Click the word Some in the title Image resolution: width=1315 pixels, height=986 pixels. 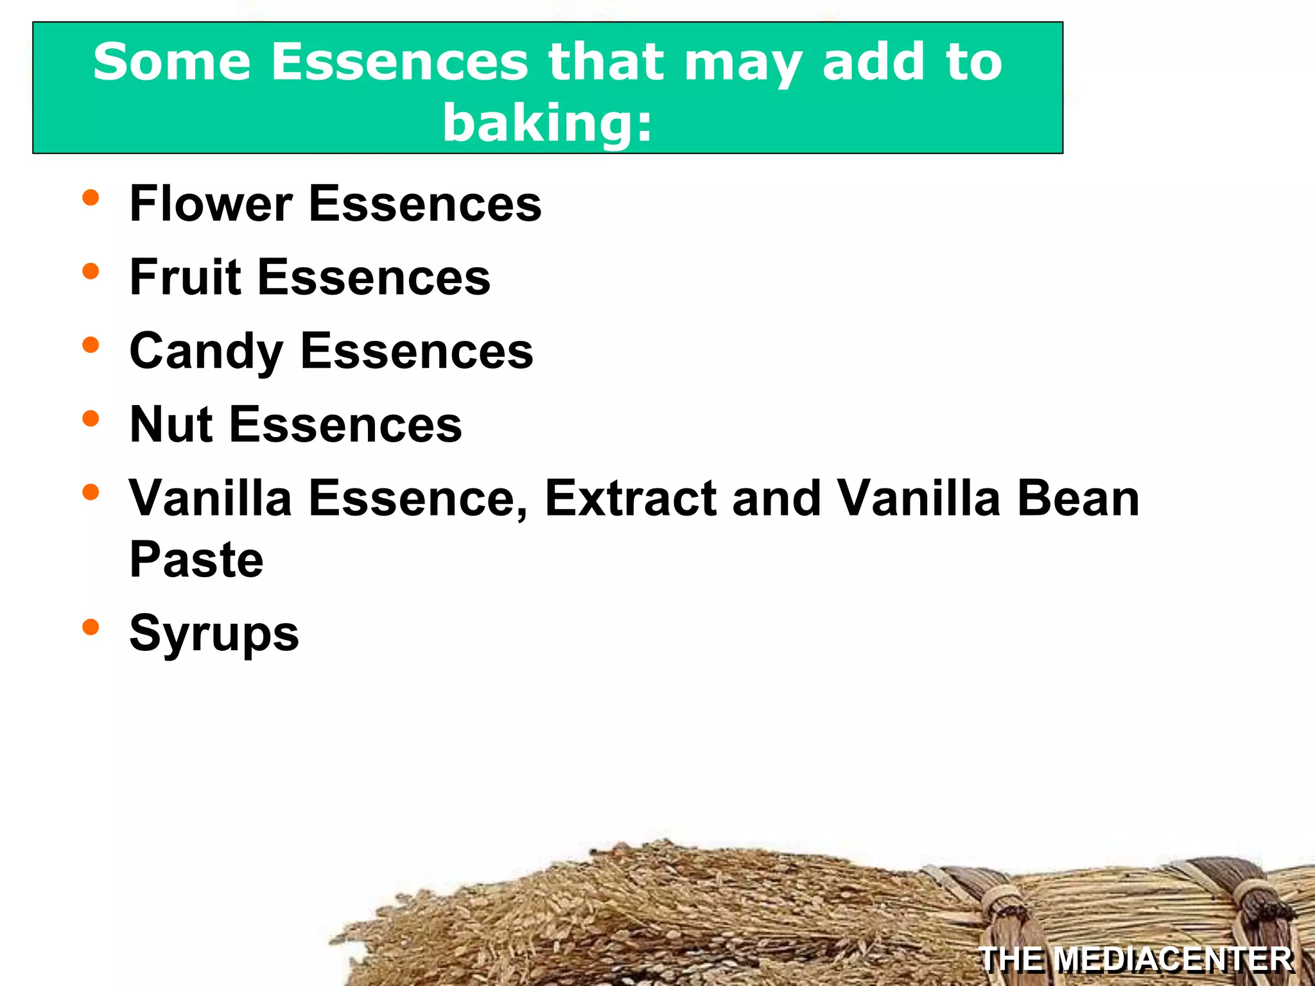(171, 62)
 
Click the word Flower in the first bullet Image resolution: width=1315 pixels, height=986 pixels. (211, 203)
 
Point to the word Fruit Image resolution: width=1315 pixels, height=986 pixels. (186, 277)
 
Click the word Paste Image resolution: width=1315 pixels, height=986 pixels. (196, 559)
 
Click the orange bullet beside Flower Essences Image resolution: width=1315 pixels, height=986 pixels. (91, 198)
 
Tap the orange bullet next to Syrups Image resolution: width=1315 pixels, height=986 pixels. (91, 627)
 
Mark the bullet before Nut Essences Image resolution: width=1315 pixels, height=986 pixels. (91, 419)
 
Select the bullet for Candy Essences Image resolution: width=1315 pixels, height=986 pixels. (91, 345)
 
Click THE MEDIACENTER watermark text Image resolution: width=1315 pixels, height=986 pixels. (1136, 960)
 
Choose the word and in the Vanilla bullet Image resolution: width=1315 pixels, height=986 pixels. (776, 498)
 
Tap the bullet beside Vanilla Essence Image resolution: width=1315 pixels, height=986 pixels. (91, 492)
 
